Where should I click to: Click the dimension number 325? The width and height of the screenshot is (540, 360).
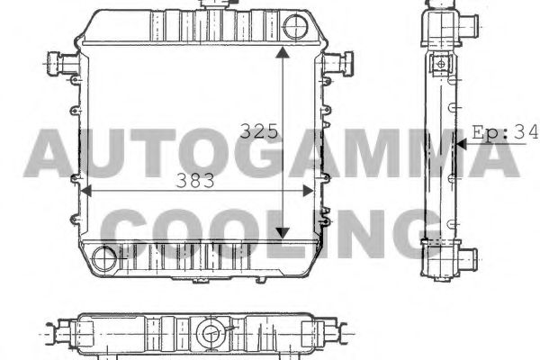[x=257, y=130]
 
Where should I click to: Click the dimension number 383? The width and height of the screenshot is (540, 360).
[x=194, y=181]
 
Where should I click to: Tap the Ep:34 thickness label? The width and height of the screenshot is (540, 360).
[x=505, y=132]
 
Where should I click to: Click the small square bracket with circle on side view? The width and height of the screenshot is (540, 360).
[x=441, y=63]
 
